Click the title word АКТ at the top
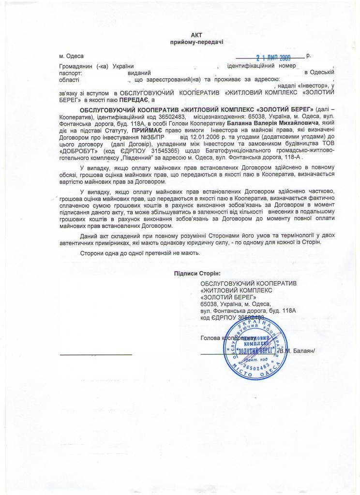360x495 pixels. (196, 35)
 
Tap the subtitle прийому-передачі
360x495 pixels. (196, 43)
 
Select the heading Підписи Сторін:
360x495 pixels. (197, 273)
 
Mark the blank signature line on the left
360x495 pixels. (95, 354)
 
